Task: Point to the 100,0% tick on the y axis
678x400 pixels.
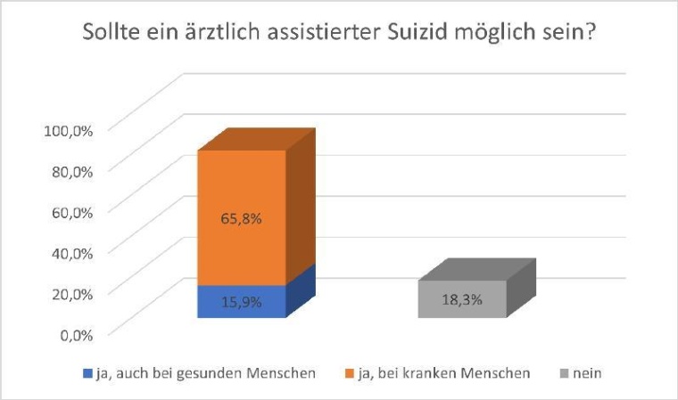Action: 70,130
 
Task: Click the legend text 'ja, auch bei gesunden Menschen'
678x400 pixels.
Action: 204,374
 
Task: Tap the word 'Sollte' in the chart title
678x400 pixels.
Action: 112,37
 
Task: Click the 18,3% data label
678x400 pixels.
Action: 462,300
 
